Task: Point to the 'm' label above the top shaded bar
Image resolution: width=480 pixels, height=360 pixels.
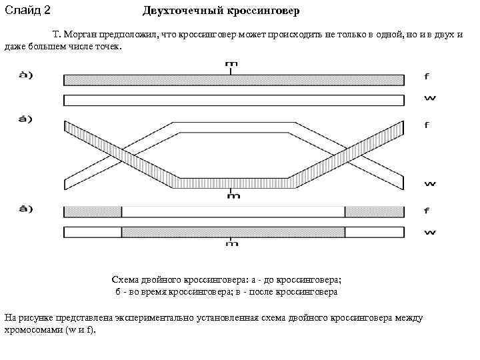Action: click(x=231, y=65)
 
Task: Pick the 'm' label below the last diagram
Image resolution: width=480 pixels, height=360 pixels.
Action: click(x=231, y=243)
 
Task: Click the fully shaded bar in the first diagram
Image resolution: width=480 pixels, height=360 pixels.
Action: click(x=233, y=80)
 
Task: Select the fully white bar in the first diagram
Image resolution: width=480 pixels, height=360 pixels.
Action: click(x=233, y=100)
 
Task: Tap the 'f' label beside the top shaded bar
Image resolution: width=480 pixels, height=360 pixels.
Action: click(x=427, y=76)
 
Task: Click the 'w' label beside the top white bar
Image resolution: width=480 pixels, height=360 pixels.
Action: click(x=429, y=98)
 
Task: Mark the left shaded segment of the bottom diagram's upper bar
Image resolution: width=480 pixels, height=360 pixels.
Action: click(x=93, y=212)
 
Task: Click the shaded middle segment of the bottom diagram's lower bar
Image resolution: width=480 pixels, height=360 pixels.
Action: click(x=233, y=232)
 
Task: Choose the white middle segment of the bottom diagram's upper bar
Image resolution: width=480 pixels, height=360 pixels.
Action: click(x=233, y=212)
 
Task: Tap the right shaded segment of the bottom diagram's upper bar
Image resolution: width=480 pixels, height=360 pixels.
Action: click(x=374, y=212)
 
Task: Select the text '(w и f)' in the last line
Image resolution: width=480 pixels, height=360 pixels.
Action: click(x=81, y=329)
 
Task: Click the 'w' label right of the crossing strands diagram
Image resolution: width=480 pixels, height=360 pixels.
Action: click(x=429, y=185)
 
